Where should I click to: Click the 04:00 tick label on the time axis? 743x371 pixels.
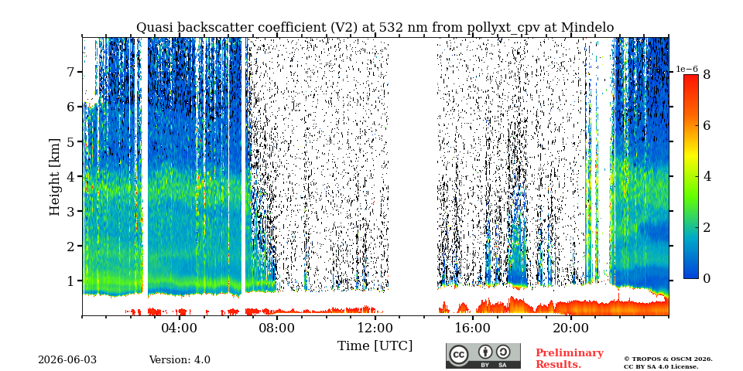point(180,328)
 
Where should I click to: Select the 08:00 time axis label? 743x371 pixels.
point(277,328)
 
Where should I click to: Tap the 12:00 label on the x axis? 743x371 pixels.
point(375,328)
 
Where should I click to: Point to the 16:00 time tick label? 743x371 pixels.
point(472,328)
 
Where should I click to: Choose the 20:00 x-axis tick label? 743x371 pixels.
point(570,328)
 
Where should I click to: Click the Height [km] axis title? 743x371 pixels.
point(55,177)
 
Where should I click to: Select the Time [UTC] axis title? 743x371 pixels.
point(375,346)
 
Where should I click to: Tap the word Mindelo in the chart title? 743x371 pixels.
point(587,28)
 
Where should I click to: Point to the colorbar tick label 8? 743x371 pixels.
point(707,74)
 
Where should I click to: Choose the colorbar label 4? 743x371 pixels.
point(707,176)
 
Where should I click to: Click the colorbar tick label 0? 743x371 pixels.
point(707,279)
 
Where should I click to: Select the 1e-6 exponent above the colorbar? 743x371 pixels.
point(687,69)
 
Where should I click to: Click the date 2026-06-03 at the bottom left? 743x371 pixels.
point(67,360)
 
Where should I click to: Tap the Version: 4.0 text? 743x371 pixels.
point(180,360)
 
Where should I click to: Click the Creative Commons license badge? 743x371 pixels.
point(483,356)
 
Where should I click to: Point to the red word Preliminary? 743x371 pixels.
point(570,353)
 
